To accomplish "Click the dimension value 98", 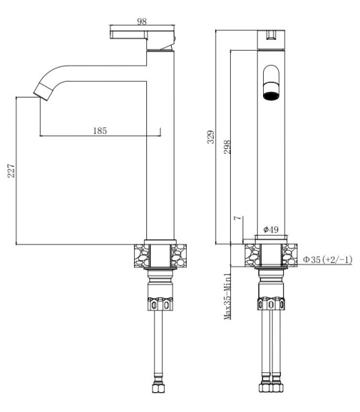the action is tap(142, 21).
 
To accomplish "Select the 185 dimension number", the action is tap(100, 130).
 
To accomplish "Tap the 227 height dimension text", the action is tap(11, 171).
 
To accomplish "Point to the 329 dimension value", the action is tap(211, 137).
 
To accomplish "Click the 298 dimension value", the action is tap(227, 147).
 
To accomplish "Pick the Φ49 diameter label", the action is tap(271, 229).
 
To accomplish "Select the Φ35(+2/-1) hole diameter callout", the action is tap(328, 260).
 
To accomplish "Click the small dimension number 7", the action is tap(238, 218).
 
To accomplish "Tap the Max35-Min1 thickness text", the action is tap(227, 297).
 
